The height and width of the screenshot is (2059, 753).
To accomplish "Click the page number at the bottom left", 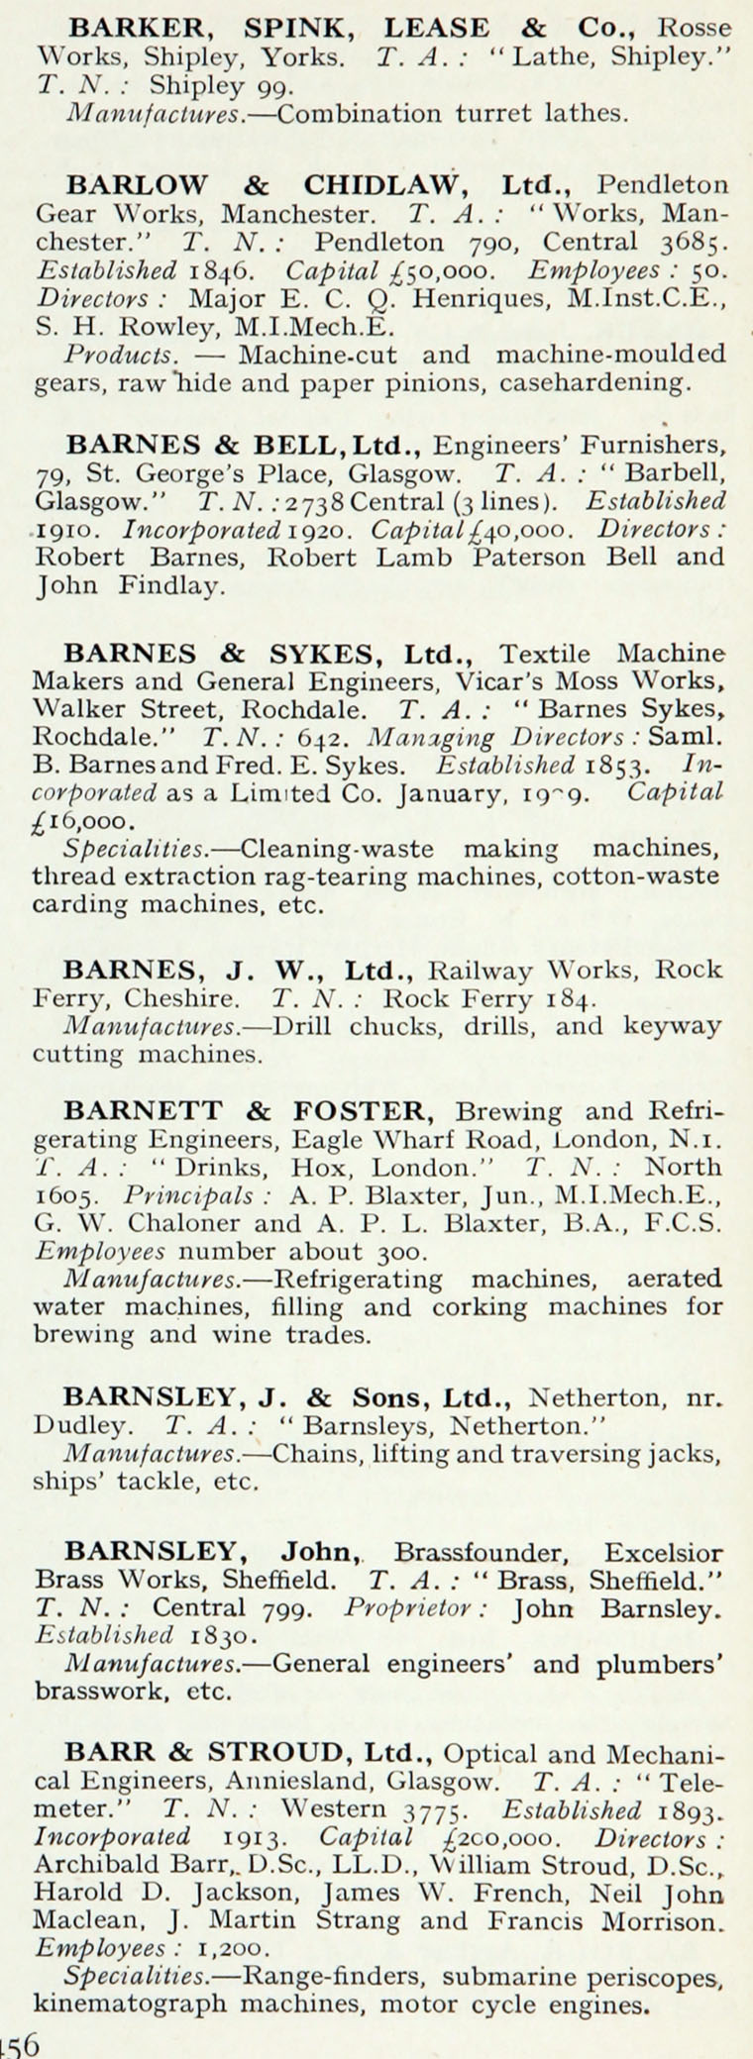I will pyautogui.click(x=20, y=2042).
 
